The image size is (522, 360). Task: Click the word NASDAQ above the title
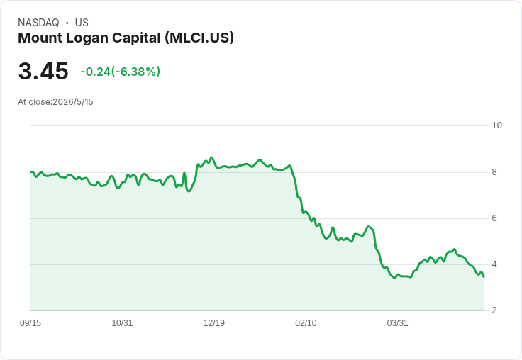click(38, 23)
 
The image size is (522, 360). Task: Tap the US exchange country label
click(82, 23)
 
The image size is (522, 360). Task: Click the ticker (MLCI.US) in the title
click(199, 38)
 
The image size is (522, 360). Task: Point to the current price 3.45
click(43, 72)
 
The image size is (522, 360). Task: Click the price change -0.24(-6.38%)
click(121, 72)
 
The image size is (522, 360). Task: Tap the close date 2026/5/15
click(73, 102)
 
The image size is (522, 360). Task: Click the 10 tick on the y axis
click(496, 125)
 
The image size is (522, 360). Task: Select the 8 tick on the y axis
click(494, 172)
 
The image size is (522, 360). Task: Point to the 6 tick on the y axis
click(494, 218)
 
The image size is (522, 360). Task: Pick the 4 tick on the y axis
click(494, 264)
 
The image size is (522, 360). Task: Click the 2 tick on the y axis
click(494, 310)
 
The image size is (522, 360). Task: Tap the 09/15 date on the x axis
click(30, 323)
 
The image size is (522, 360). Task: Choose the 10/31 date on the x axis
click(122, 323)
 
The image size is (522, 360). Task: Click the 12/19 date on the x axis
click(214, 323)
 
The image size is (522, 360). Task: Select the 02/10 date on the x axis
click(306, 323)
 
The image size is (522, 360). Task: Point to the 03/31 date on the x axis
click(397, 323)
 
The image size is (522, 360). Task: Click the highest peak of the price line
click(211, 158)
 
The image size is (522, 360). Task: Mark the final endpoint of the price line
click(484, 276)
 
